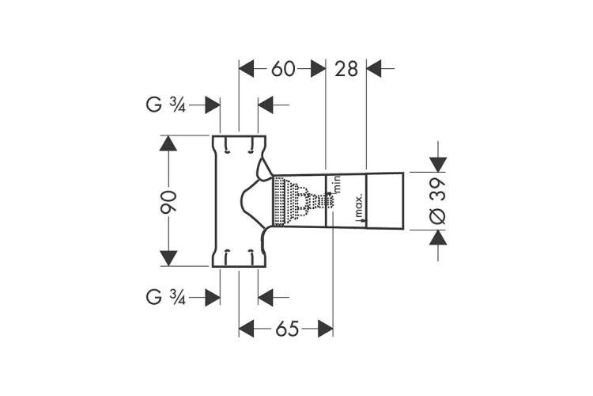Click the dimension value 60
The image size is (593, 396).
[283, 69]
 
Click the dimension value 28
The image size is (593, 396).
[346, 69]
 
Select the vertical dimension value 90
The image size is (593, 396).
[168, 201]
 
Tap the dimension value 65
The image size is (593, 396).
[287, 329]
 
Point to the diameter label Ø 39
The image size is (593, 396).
[438, 201]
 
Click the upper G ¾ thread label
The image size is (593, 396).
[166, 105]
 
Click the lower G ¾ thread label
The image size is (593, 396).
[166, 297]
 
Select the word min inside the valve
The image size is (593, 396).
[338, 184]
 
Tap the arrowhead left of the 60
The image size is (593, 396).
[246, 69]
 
